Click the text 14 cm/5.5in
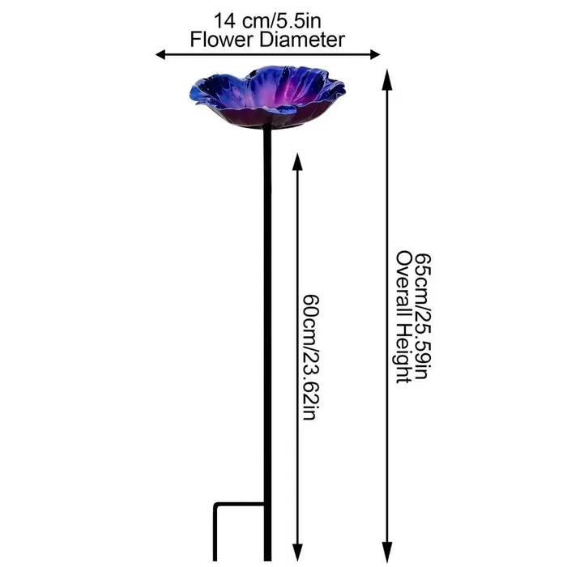click(267, 20)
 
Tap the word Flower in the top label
click(220, 40)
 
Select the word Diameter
click(301, 40)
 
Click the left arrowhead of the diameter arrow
click(160, 54)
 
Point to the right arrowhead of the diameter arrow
click(375, 54)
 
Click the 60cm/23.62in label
click(311, 357)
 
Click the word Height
click(404, 353)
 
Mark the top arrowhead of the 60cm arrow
click(297, 161)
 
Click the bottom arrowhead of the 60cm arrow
click(297, 553)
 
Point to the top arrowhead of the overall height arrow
click(387, 78)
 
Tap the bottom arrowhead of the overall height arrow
click(387, 553)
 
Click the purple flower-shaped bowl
click(267, 97)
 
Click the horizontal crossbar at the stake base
click(240, 504)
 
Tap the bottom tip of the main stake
click(267, 561)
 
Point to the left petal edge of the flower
click(193, 93)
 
